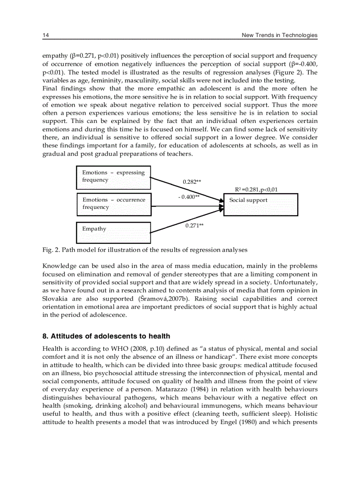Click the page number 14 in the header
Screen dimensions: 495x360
45,35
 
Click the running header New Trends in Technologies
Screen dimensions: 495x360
279,35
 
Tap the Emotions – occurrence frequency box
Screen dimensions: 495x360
113,204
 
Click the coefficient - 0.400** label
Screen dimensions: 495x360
188,197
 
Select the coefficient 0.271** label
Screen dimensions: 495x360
194,225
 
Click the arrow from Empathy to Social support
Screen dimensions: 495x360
185,221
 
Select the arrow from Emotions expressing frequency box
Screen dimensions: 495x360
185,190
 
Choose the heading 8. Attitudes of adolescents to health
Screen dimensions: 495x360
106,336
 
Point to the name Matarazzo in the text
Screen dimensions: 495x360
173,389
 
